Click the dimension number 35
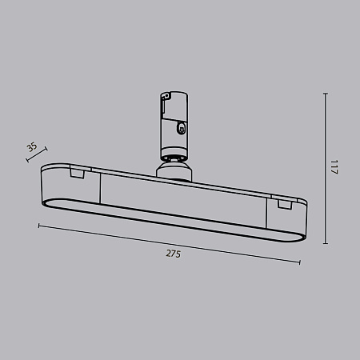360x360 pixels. coord(31,147)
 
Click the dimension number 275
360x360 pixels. coord(173,254)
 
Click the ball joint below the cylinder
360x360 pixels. coord(174,165)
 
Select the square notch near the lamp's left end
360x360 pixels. coord(77,172)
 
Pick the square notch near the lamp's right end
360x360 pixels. coord(282,205)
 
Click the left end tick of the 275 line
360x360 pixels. coord(39,226)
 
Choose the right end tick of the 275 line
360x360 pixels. coord(299,262)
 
